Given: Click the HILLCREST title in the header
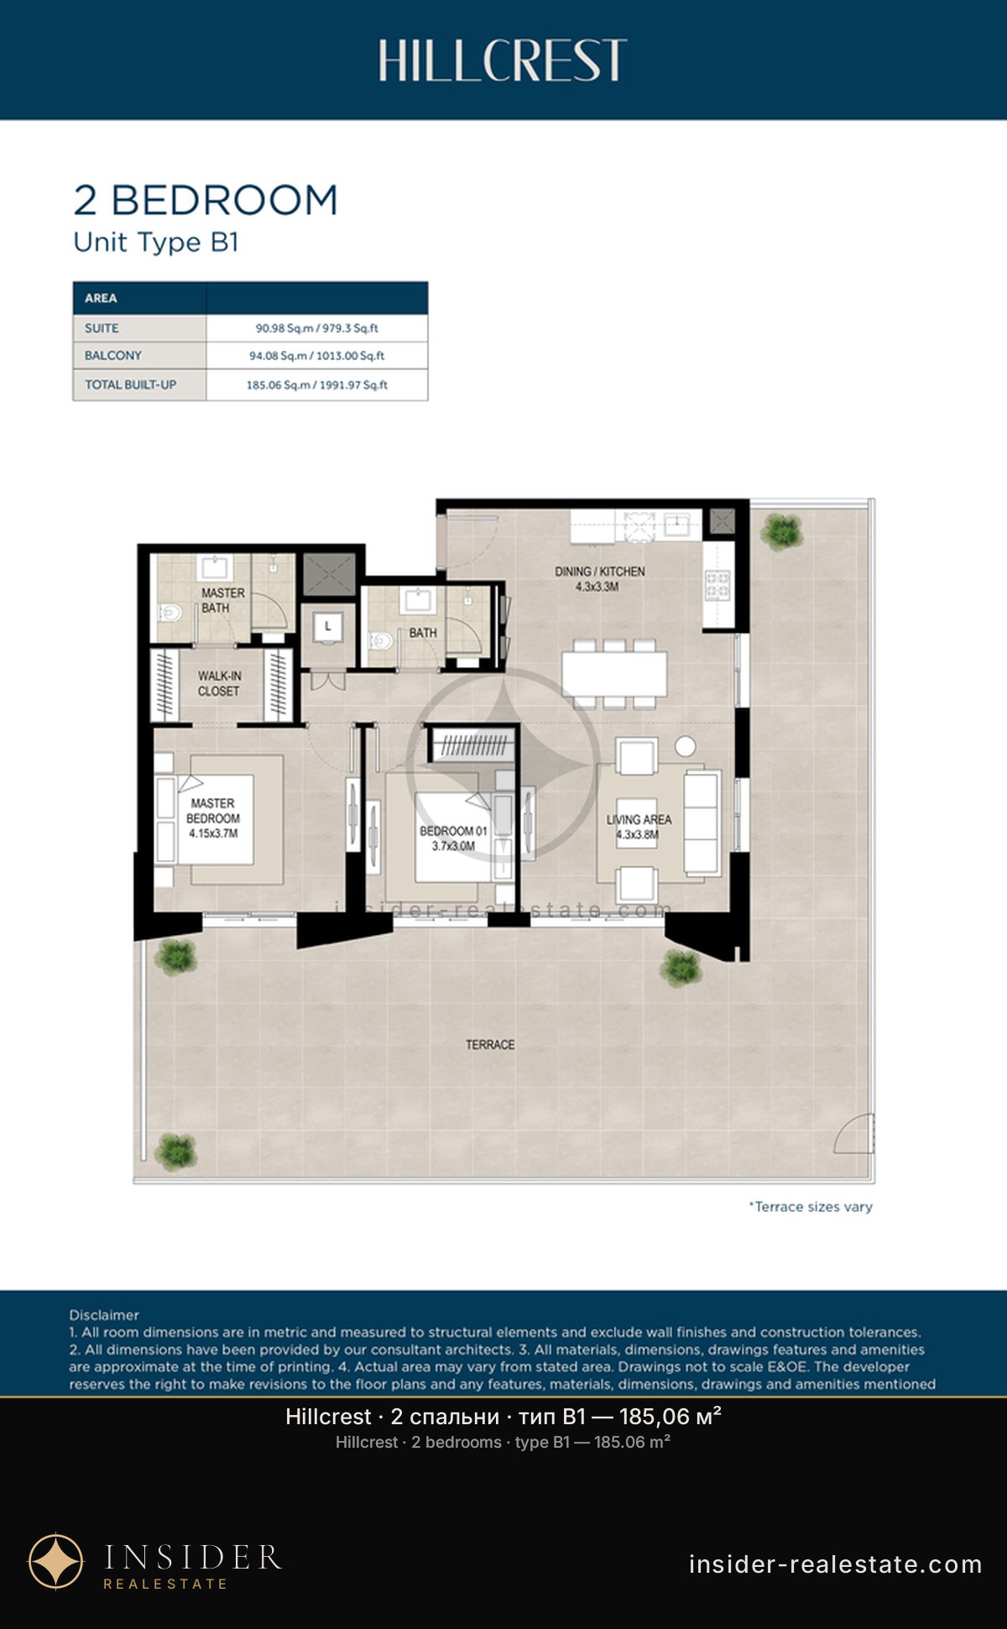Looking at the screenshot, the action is pos(502,60).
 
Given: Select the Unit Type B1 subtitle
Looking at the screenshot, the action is pos(156,243).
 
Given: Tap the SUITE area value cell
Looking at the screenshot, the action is pos(317,328).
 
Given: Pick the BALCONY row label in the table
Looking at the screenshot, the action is pos(113,356).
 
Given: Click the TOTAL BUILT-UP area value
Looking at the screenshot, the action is pos(317,385).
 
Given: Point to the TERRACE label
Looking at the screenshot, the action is pos(490,1045).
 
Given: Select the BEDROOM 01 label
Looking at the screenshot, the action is pos(453,838).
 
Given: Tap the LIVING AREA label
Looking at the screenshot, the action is pos(639,827).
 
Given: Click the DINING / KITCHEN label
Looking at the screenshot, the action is pos(599,578).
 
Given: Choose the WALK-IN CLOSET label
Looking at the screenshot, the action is pos(219,683).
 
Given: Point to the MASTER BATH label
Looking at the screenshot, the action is pos(222,600).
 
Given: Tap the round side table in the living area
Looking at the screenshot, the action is pos(686,746).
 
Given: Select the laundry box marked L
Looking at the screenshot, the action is pos(327,627).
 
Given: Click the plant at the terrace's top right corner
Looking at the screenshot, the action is pos(781,531).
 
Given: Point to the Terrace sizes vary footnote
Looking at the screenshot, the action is pos(811,1207).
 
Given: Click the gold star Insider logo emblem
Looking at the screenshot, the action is pos(56,1562).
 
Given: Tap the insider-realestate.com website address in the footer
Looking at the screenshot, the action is pos(835,1564).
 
